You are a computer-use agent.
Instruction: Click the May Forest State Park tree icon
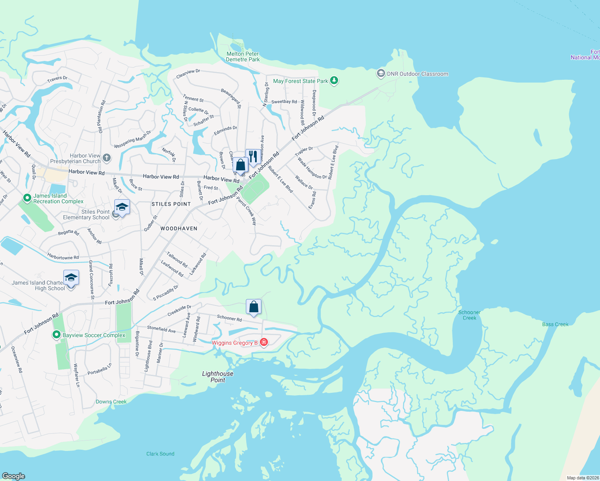point(334,81)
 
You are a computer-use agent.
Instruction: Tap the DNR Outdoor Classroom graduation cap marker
point(381,74)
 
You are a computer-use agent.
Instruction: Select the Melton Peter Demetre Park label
point(243,57)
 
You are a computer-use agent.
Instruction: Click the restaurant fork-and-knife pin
point(253,157)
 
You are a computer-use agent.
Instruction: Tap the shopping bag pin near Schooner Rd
point(253,307)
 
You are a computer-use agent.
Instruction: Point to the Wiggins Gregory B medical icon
point(264,342)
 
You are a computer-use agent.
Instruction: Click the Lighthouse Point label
point(218,377)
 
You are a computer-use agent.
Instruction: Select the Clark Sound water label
point(160,454)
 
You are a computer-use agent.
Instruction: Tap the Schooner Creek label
point(469,315)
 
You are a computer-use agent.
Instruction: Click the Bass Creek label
point(555,324)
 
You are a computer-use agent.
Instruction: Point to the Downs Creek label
point(111,402)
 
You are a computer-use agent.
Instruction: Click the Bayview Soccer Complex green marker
point(57,335)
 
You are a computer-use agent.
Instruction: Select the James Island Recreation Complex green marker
point(27,198)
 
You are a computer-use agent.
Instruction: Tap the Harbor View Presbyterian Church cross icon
point(107,158)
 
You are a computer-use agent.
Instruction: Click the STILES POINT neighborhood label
point(171,204)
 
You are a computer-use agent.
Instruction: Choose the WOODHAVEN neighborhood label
point(179,228)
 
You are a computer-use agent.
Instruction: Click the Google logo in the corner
point(14,476)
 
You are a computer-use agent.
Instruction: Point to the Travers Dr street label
point(57,79)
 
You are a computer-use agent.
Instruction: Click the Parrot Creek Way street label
point(246,211)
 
